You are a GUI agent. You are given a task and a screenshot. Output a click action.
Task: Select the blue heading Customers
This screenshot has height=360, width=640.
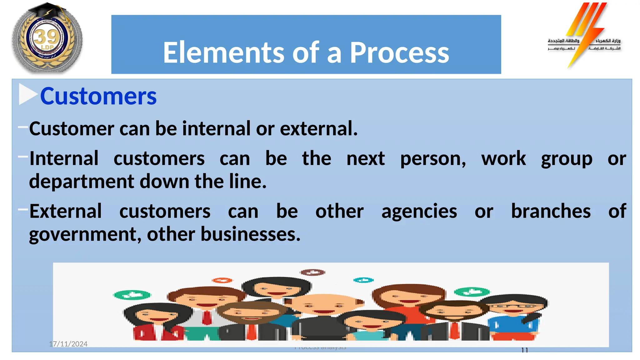tap(98, 96)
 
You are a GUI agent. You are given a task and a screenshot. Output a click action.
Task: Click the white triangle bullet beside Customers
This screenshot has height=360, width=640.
tap(27, 94)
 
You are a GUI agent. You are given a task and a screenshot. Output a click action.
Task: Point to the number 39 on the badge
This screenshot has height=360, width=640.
tap(47, 37)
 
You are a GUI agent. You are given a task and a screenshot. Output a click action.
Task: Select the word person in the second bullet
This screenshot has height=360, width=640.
tap(433, 158)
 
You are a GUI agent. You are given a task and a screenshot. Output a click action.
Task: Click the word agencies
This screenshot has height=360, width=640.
tap(419, 211)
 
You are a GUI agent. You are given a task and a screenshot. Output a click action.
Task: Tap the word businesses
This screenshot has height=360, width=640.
tap(250, 234)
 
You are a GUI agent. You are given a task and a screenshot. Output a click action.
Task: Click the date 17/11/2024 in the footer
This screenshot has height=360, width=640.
tap(68, 344)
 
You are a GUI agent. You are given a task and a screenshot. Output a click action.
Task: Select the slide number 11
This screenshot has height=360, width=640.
tap(525, 350)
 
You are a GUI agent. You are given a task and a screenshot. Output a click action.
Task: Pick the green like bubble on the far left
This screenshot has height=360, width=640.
tap(132, 295)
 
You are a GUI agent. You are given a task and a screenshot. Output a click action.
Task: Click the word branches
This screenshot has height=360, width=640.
tap(551, 211)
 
